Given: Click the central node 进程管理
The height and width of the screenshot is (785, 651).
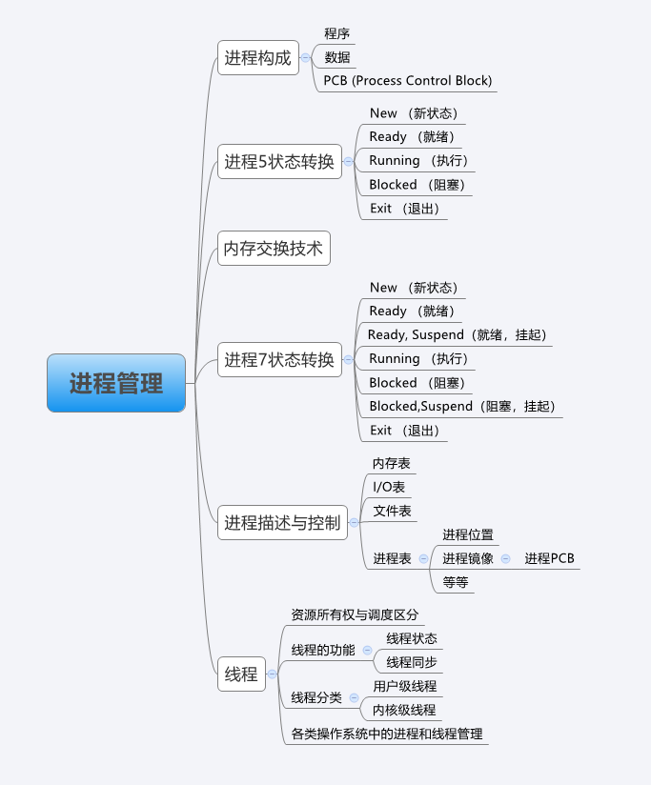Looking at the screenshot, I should pyautogui.click(x=116, y=383).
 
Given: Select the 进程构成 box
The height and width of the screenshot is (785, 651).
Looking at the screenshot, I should pyautogui.click(x=257, y=57).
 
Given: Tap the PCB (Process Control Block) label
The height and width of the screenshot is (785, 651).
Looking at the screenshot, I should pyautogui.click(x=408, y=81).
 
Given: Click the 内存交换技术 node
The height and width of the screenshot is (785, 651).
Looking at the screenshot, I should pyautogui.click(x=274, y=250).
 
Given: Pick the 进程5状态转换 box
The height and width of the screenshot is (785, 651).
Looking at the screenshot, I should pyautogui.click(x=279, y=161).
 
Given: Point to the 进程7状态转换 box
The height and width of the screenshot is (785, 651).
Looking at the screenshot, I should pyautogui.click(x=279, y=359).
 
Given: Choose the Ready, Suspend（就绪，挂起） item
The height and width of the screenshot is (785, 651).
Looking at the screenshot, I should pyautogui.click(x=458, y=334).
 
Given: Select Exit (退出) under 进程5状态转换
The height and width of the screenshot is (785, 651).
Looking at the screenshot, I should pyautogui.click(x=404, y=209).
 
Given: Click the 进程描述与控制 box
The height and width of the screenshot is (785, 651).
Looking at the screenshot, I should pyautogui.click(x=282, y=522).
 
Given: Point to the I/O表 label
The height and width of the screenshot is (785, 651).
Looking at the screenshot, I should pyautogui.click(x=389, y=487).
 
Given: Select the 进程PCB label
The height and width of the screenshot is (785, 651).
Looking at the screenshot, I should pyautogui.click(x=550, y=559).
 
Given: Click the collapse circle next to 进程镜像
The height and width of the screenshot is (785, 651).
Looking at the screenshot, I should pyautogui.click(x=505, y=559).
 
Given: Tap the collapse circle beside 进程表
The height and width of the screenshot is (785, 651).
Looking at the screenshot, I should pyautogui.click(x=423, y=559).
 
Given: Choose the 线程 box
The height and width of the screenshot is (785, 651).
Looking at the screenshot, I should pyautogui.click(x=241, y=674).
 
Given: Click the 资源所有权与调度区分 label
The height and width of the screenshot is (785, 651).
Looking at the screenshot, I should pyautogui.click(x=355, y=615).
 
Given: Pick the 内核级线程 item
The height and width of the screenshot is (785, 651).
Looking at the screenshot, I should pyautogui.click(x=404, y=710).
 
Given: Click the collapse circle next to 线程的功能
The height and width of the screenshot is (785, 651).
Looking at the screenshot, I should pyautogui.click(x=367, y=651).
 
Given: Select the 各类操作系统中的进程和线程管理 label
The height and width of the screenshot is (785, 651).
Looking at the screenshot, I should pyautogui.click(x=387, y=735).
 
